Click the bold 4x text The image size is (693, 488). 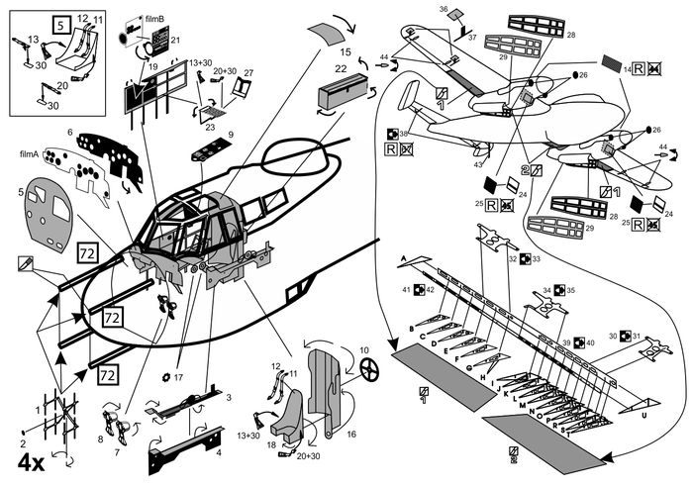[29, 462]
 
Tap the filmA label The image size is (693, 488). [29, 154]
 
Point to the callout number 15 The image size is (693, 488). [346, 49]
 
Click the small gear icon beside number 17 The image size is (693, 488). [164, 377]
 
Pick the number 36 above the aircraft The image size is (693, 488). [443, 9]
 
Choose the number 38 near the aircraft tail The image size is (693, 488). [404, 134]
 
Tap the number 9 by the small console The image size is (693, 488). [231, 135]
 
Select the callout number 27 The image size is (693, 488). [248, 72]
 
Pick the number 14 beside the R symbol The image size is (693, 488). [627, 71]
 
